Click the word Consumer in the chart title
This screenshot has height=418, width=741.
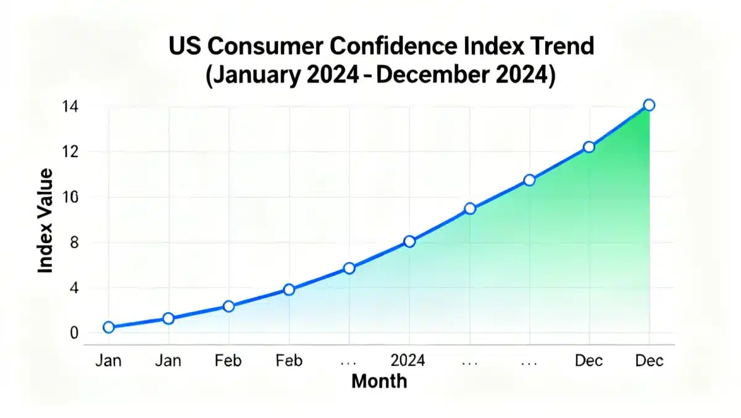tap(259, 46)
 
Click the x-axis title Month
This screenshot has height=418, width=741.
tap(379, 381)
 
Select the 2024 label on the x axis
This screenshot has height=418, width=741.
tap(409, 360)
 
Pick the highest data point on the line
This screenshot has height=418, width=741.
tap(649, 105)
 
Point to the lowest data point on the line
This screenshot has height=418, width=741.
tap(109, 327)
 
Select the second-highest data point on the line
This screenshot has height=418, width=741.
tap(589, 147)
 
